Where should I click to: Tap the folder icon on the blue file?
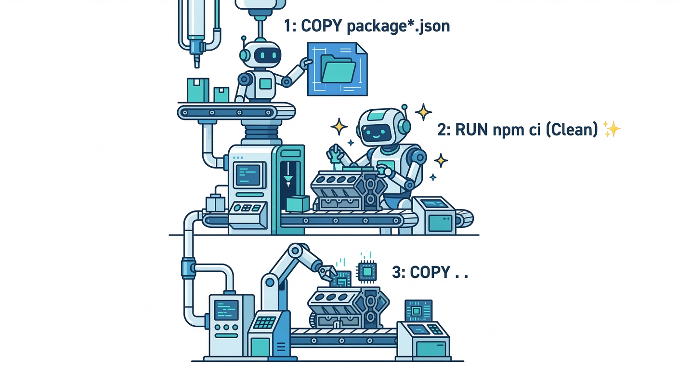tap(338, 68)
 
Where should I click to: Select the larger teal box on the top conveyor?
tap(198, 90)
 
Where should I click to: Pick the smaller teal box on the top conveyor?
tap(221, 94)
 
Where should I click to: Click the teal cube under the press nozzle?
tap(297, 204)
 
